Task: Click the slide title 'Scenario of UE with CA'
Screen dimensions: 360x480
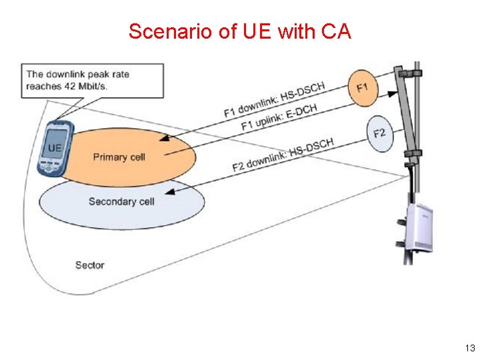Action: coord(239,31)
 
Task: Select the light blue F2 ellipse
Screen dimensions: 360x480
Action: coord(379,133)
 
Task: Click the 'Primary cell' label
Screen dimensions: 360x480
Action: coord(119,157)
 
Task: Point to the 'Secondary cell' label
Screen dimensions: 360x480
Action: coord(121,201)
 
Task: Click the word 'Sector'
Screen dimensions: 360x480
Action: coord(89,265)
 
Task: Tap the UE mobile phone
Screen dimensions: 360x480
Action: coord(54,150)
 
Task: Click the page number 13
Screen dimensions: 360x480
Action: coord(470,349)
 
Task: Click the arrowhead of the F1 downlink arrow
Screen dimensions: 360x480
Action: coord(163,139)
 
